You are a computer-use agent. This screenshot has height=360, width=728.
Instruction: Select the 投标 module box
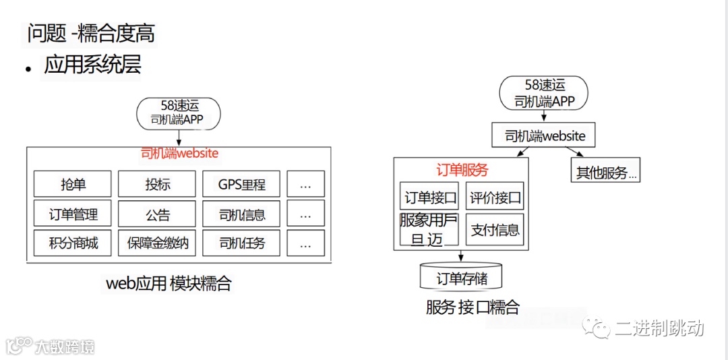click(157, 184)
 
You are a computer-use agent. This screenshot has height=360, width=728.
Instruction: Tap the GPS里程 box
click(241, 184)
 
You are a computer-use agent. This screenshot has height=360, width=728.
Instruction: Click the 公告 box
click(157, 214)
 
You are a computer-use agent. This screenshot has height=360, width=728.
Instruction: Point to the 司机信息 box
click(241, 214)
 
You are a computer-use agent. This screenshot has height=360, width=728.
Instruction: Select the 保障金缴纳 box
click(157, 243)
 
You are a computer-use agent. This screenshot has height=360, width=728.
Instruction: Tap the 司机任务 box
click(241, 243)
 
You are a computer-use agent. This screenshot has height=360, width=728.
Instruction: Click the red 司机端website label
click(179, 153)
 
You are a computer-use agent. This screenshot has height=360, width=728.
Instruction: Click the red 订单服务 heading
click(462, 169)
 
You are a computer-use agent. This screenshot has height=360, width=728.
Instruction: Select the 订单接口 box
click(430, 198)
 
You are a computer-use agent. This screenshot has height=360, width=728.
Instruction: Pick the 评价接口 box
click(495, 198)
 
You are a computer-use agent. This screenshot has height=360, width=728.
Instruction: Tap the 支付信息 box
click(495, 230)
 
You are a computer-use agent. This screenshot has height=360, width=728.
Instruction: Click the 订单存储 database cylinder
click(461, 277)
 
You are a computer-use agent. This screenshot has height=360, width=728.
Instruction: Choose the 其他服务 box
click(605, 172)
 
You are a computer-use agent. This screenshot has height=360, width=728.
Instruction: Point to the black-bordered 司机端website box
click(545, 136)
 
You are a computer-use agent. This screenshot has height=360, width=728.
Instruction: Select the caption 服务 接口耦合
click(473, 307)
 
